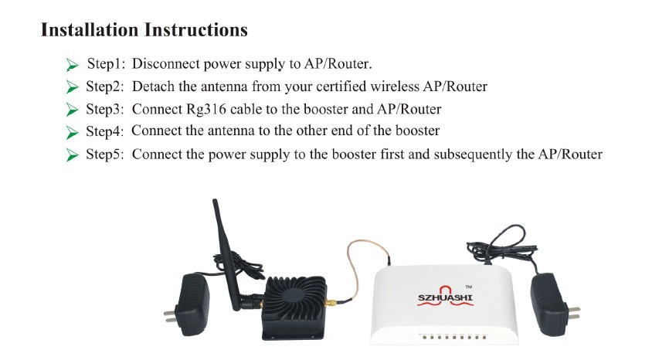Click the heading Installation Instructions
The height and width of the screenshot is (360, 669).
[144, 30]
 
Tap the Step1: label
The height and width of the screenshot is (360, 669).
[107, 63]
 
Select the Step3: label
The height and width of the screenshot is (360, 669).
[105, 109]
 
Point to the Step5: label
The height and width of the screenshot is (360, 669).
[105, 154]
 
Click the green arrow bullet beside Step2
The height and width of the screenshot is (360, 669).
[72, 87]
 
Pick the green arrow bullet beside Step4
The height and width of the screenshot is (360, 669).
[72, 132]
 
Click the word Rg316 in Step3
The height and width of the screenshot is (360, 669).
[206, 109]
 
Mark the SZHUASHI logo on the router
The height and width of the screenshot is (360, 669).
[445, 296]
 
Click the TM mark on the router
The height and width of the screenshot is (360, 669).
[468, 287]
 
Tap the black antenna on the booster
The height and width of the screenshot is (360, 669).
[226, 256]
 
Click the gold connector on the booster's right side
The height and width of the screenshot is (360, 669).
[331, 304]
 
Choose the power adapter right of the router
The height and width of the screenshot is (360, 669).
[552, 304]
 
